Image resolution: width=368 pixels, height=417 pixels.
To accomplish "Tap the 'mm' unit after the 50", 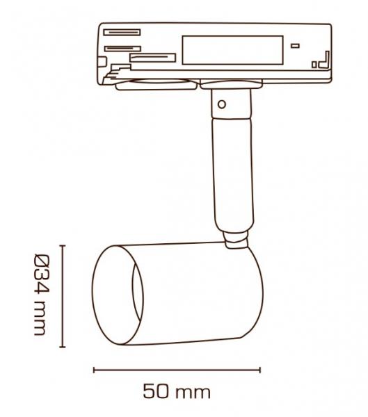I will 194,393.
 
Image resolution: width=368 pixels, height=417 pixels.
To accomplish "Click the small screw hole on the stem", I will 221,104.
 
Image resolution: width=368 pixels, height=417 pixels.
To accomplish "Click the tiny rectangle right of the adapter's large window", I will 296,46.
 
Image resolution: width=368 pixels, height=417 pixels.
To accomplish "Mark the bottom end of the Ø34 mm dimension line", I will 63,347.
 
